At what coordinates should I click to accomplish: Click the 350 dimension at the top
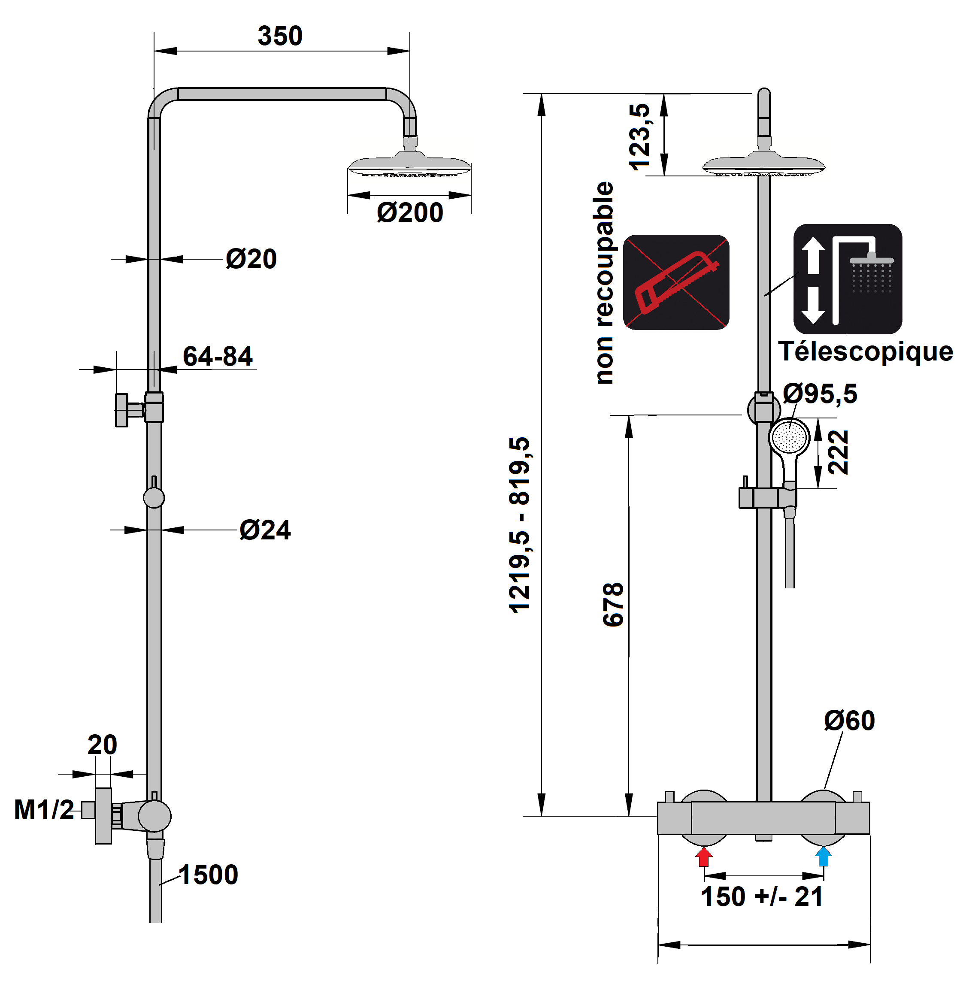pyautogui.click(x=280, y=36)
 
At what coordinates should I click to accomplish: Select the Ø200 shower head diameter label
pyautogui.click(x=410, y=212)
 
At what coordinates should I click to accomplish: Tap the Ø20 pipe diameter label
pyautogui.click(x=251, y=259)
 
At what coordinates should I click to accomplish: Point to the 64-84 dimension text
pyautogui.click(x=218, y=357)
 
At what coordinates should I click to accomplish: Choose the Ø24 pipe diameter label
pyautogui.click(x=265, y=530)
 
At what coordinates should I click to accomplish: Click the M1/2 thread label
pyautogui.click(x=44, y=809)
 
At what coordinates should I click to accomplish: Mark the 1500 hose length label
pyautogui.click(x=209, y=875)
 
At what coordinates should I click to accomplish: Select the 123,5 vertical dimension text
pyautogui.click(x=639, y=137)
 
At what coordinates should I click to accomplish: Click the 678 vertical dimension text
pyautogui.click(x=613, y=605)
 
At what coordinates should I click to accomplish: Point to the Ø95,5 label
pyautogui.click(x=820, y=394)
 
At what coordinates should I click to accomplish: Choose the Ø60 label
pyautogui.click(x=849, y=721)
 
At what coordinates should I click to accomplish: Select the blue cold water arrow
pyautogui.click(x=824, y=857)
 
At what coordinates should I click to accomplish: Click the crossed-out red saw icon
pyautogui.click(x=676, y=282)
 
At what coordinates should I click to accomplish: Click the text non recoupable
pyautogui.click(x=603, y=283)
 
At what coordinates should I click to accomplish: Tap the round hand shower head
pyautogui.click(x=789, y=436)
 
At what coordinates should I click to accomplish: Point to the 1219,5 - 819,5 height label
pyautogui.click(x=519, y=526)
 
